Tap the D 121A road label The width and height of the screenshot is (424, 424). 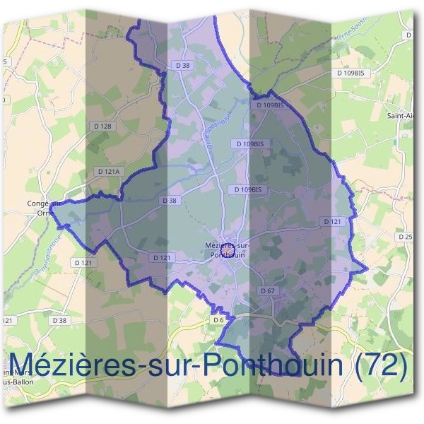pyautogui.click(x=110, y=172)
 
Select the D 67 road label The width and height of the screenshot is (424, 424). pyautogui.click(x=267, y=290)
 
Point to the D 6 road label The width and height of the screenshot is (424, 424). pyautogui.click(x=218, y=319)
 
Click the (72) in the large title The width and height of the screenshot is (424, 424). pyautogui.click(x=381, y=365)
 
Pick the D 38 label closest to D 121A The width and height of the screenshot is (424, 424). pyautogui.click(x=170, y=201)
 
